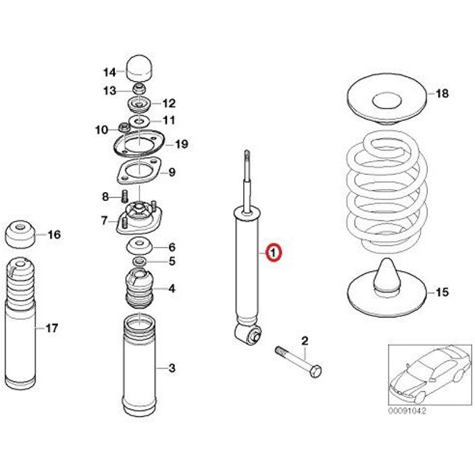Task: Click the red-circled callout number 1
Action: coord(274,253)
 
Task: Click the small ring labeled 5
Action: coord(138,261)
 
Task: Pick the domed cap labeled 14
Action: coord(139,69)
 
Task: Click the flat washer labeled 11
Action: coord(140,120)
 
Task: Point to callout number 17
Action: coord(52,327)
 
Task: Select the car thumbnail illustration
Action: coord(427,374)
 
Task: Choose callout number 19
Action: coord(181,144)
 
